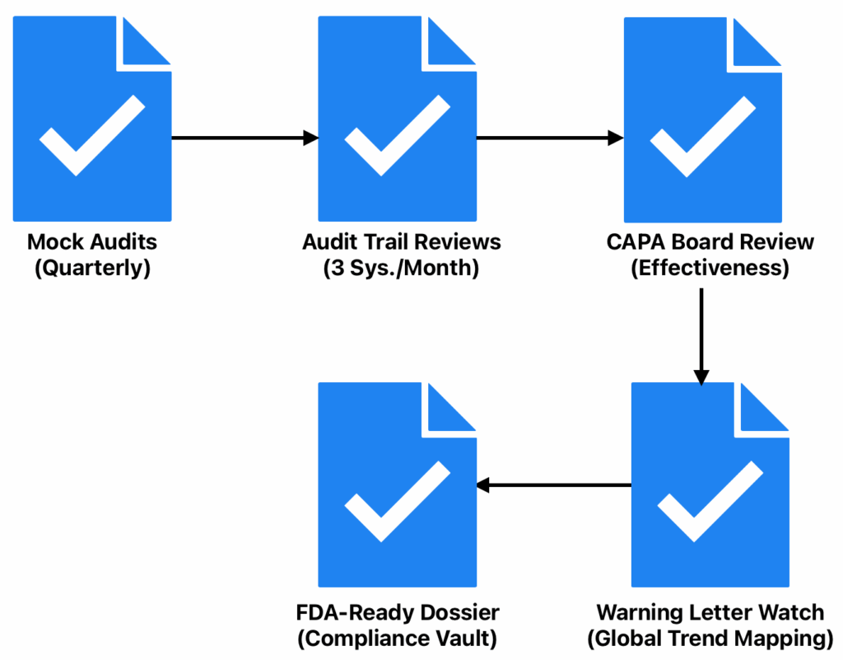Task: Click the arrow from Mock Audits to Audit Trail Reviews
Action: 245,138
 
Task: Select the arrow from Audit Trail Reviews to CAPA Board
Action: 550,138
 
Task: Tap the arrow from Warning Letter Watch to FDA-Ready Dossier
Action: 553,485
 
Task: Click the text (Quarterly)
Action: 92,269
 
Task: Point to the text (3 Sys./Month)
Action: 401,269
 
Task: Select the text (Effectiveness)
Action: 710,269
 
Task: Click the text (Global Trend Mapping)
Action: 710,639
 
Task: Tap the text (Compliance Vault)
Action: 398,639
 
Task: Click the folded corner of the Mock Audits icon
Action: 146,41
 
